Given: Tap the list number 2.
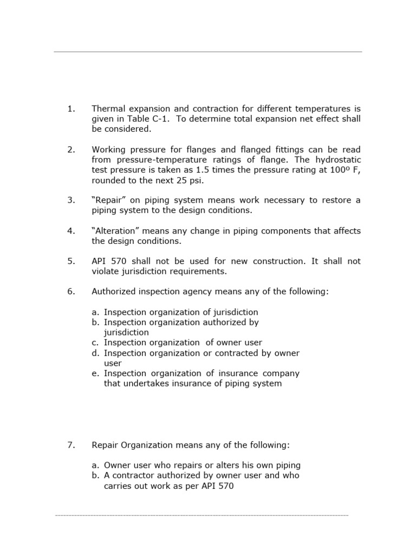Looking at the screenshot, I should pos(71,150).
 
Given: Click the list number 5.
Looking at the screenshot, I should pos(71,261).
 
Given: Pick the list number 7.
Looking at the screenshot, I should pos(71,445).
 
